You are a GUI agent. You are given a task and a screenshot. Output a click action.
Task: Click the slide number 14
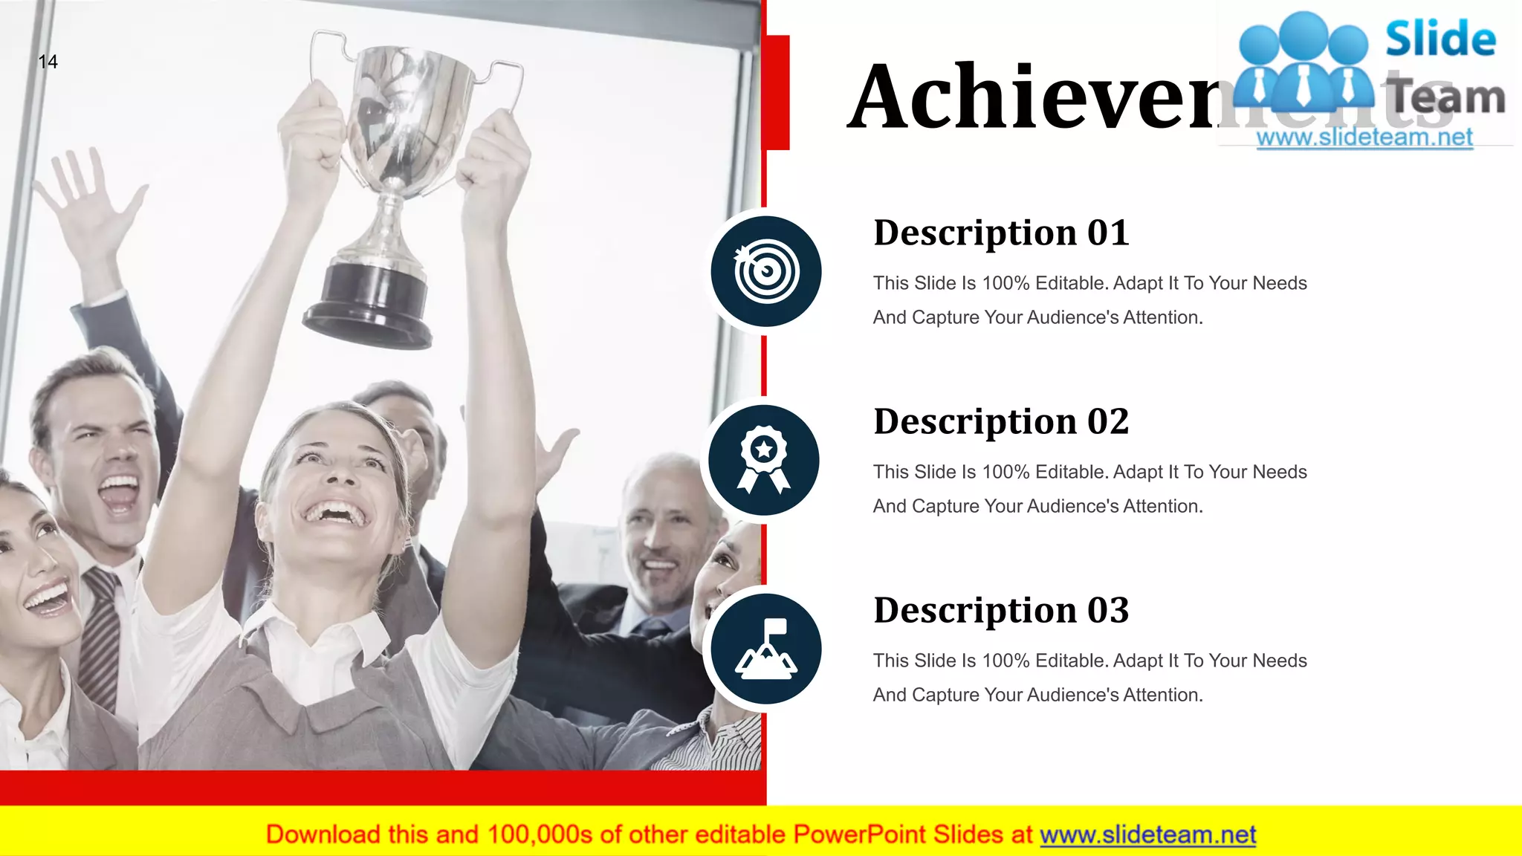point(48,62)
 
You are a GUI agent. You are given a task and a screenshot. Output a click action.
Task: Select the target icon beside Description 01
point(766,271)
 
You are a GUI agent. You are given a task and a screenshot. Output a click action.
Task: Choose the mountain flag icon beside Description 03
point(766,649)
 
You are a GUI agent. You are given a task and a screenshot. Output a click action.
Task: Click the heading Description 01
point(1001,233)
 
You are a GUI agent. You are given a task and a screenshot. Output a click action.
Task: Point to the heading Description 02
point(1001,421)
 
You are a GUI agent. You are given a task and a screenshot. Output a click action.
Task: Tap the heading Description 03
point(1001,610)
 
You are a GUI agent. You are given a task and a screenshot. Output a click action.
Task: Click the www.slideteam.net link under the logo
point(1364,137)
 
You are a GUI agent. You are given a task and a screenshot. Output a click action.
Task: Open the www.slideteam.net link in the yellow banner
point(1147,834)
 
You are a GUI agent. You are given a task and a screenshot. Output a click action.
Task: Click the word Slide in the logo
point(1440,39)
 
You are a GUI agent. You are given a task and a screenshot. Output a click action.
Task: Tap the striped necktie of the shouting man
point(100,632)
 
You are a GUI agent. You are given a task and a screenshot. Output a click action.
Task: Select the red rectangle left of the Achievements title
point(777,92)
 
